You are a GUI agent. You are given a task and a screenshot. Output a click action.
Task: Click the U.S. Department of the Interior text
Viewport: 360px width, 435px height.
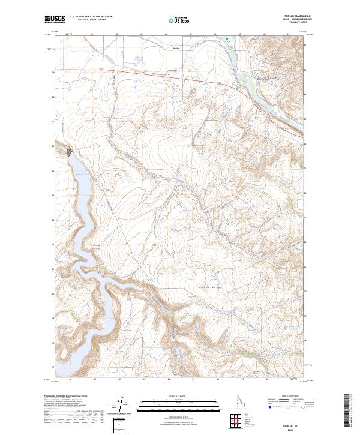tap(91, 16)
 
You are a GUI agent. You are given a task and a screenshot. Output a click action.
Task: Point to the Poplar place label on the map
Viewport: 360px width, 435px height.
tap(176, 48)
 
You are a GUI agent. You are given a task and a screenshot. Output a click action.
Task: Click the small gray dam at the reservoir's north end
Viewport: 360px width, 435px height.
tap(71, 152)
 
